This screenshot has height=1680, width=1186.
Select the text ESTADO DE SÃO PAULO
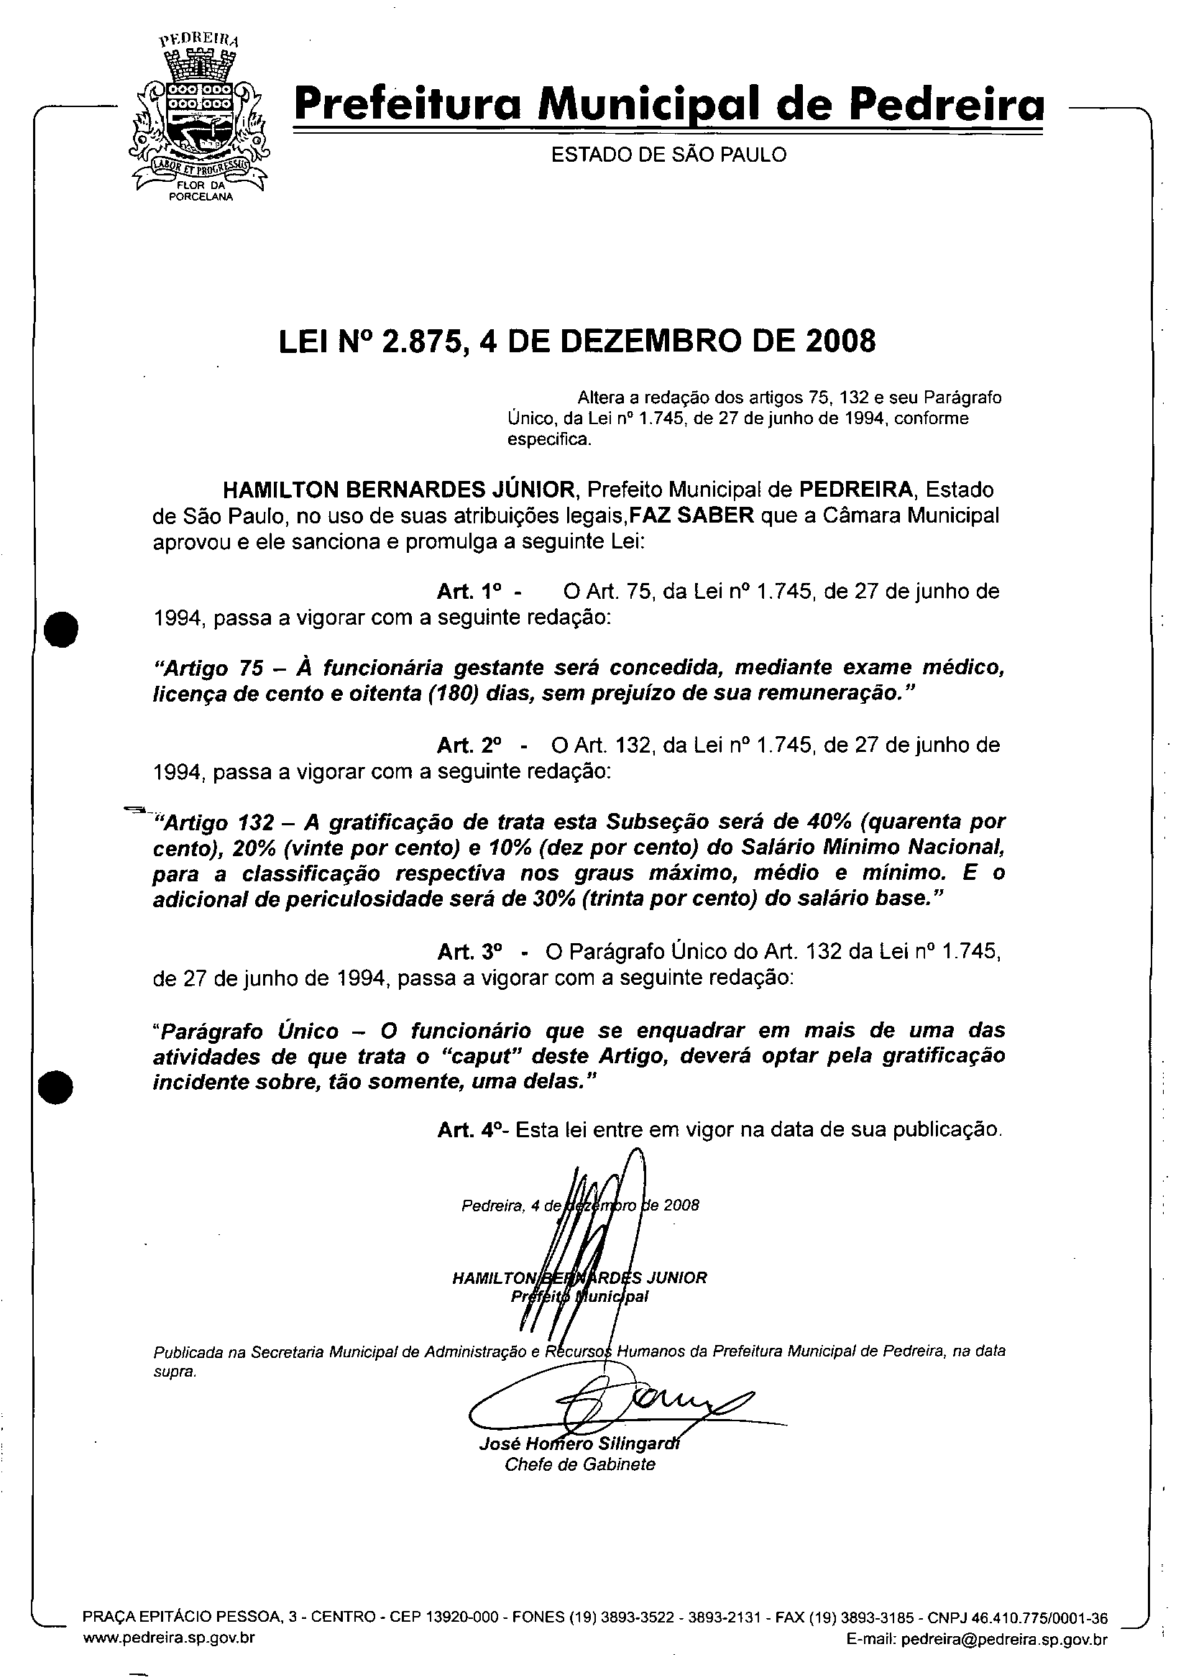coord(668,155)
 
